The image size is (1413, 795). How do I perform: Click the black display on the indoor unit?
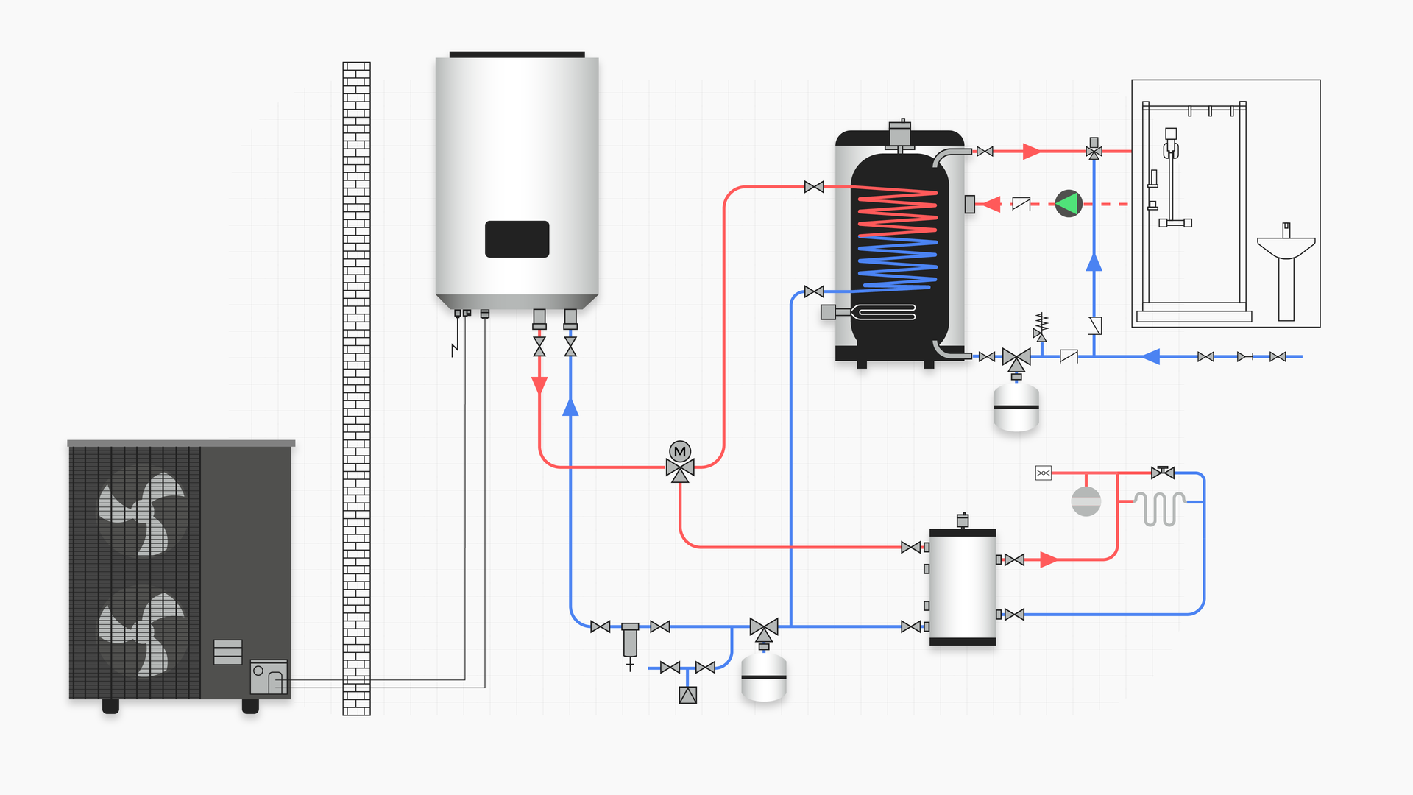pyautogui.click(x=517, y=239)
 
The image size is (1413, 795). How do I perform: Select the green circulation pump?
pyautogui.click(x=1068, y=204)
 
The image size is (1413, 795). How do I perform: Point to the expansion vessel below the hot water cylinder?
pyautogui.click(x=1016, y=407)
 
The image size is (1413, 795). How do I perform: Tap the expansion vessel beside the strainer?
pyautogui.click(x=763, y=677)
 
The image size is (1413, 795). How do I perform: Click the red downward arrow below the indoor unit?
pyautogui.click(x=539, y=385)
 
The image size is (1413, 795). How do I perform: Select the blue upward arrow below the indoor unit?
pyautogui.click(x=570, y=407)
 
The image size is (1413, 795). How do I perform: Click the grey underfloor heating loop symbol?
pyautogui.click(x=1159, y=508)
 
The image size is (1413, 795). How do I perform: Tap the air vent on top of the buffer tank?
pyautogui.click(x=963, y=520)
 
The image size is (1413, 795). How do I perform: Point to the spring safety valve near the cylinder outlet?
pyautogui.click(x=1041, y=326)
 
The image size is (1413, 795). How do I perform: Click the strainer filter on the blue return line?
pyautogui.click(x=630, y=640)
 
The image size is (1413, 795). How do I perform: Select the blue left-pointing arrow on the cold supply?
pyautogui.click(x=1151, y=357)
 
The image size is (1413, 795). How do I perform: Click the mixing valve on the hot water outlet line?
pyautogui.click(x=1094, y=151)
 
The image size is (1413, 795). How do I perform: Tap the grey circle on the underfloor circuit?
pyautogui.click(x=1086, y=501)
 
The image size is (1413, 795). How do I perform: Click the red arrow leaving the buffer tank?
pyautogui.click(x=1049, y=560)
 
